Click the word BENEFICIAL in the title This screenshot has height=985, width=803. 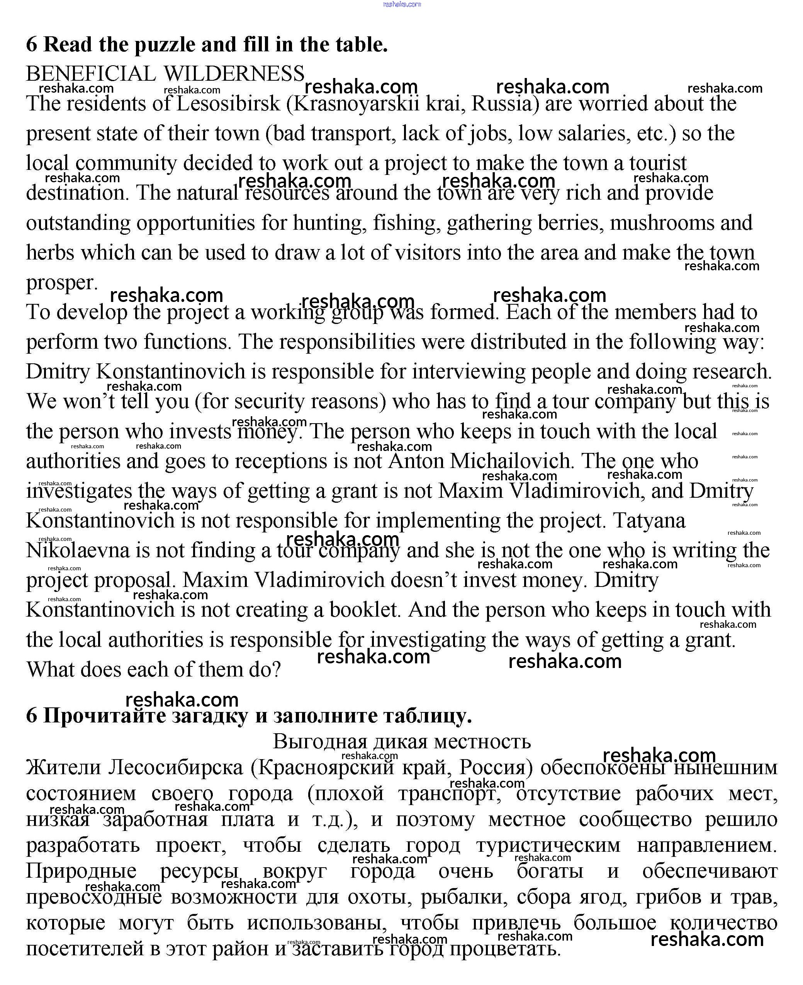91,74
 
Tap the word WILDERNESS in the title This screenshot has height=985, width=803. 234,74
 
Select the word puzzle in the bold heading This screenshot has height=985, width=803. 165,45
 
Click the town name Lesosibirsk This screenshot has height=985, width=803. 229,103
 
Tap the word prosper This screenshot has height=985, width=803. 61,283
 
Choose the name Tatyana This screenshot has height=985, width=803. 649,521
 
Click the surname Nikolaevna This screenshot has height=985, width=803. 78,550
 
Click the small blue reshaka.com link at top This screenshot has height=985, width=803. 402,4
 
